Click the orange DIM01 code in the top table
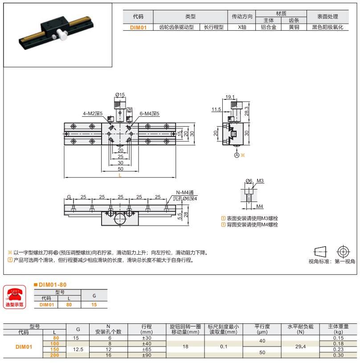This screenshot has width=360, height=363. click(x=138, y=27)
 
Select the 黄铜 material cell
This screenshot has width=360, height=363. click(x=294, y=27)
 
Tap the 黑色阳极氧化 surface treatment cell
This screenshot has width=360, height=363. click(x=327, y=27)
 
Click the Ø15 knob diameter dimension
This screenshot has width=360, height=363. click(x=120, y=95)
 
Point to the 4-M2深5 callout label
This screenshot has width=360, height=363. click(x=92, y=114)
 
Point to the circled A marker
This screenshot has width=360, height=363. click(x=237, y=155)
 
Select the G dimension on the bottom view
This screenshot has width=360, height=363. click(x=69, y=197)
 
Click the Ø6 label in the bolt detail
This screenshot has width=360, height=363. click(x=249, y=181)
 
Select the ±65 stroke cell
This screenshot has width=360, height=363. click(x=147, y=350)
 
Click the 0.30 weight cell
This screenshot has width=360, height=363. click(x=338, y=355)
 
